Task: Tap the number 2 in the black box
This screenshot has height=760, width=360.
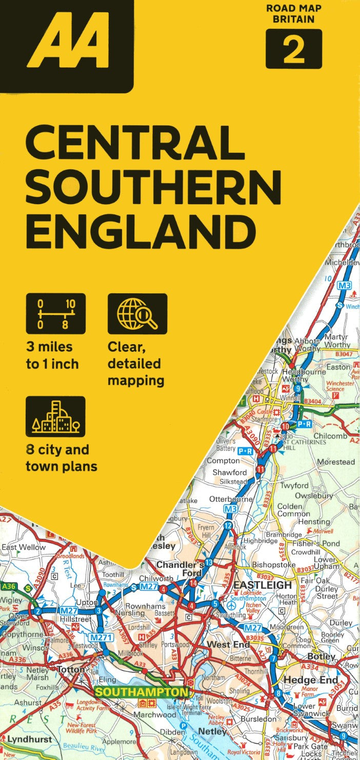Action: click(293, 49)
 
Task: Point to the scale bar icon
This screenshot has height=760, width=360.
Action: click(55, 313)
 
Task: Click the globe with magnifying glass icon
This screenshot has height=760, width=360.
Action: click(137, 313)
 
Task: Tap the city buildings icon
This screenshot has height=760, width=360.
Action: click(55, 416)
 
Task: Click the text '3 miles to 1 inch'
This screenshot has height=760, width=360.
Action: click(52, 355)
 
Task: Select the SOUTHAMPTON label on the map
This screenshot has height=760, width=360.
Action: click(142, 692)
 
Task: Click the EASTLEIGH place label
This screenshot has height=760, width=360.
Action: click(263, 585)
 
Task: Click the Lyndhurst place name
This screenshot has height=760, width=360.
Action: click(29, 739)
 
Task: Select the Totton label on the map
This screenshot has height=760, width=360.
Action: click(71, 670)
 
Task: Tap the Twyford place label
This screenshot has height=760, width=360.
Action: click(294, 485)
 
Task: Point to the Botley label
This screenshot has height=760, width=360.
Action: click(321, 656)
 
